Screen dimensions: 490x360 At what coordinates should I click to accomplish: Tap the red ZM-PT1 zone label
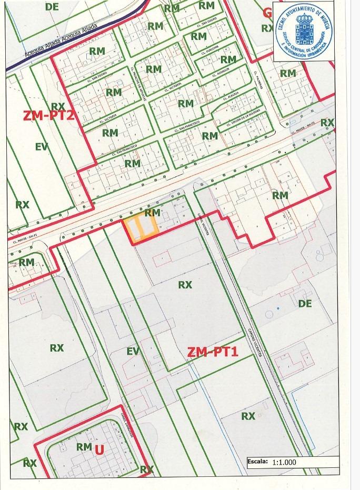[x=213, y=352]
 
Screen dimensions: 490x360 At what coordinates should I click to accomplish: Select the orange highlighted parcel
[x=141, y=229]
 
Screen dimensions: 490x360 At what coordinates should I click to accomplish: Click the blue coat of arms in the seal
[x=304, y=31]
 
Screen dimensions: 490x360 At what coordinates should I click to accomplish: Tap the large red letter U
[x=98, y=449]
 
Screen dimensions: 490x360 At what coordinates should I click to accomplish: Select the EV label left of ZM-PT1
[x=133, y=351]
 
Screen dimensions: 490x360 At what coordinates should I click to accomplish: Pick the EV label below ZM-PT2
[x=42, y=147]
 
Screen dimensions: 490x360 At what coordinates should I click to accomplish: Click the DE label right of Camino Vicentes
[x=305, y=304]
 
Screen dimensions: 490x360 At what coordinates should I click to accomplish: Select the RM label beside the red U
[x=84, y=447]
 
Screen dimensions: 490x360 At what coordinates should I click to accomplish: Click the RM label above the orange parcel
[x=152, y=213]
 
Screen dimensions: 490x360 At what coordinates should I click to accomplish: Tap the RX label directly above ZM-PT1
[x=185, y=285]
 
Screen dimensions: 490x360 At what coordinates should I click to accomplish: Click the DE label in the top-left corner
[x=52, y=7]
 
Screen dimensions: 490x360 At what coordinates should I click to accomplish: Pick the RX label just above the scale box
[x=248, y=416]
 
